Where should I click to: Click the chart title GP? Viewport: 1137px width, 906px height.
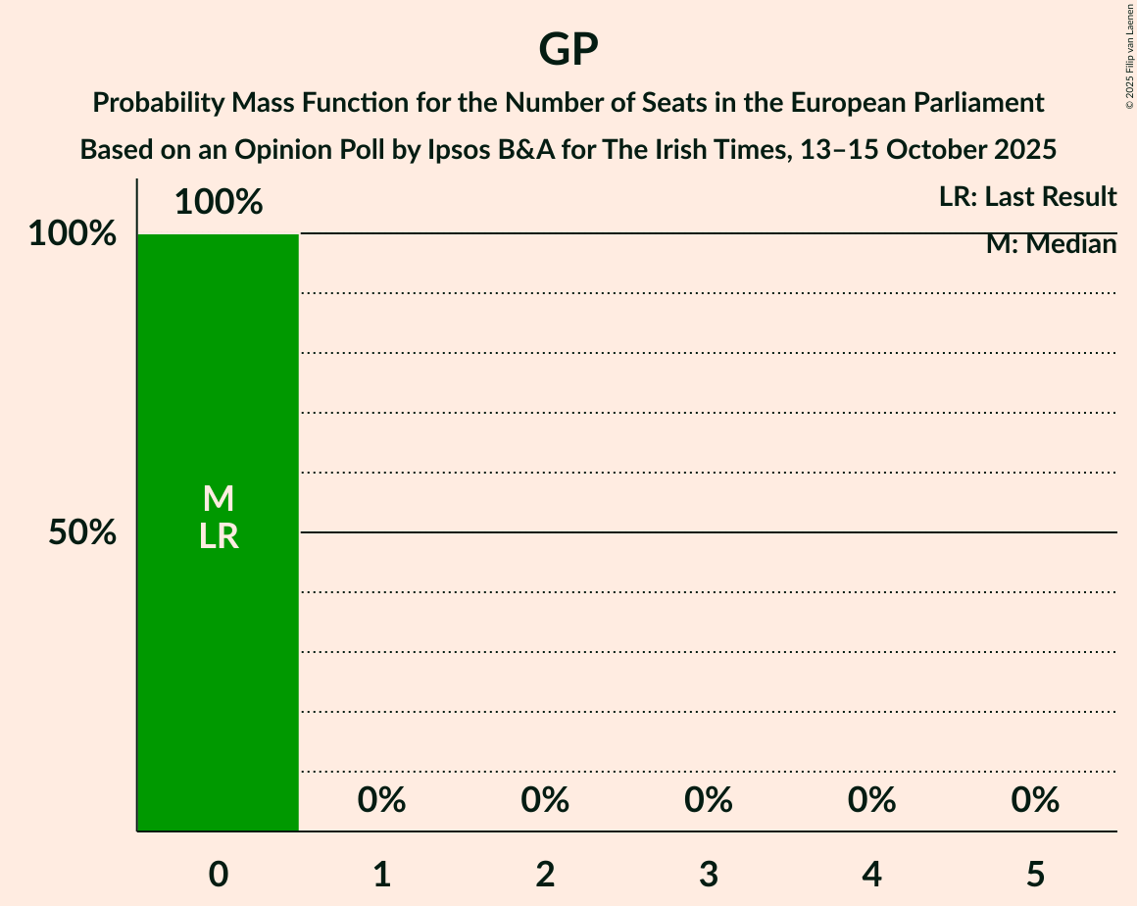(568, 49)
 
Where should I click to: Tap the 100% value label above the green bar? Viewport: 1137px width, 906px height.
(219, 203)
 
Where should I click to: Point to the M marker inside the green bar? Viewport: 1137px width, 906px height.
(219, 499)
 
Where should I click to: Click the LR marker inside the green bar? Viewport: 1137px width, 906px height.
(219, 535)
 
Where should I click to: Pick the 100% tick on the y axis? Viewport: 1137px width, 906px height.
(72, 234)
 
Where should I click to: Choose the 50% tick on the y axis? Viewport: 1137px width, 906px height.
(82, 532)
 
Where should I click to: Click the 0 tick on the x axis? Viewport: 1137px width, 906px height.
(219, 875)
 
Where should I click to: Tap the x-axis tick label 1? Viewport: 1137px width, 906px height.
(382, 875)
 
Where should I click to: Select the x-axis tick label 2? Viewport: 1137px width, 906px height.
(546, 875)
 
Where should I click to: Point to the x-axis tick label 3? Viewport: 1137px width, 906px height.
(709, 875)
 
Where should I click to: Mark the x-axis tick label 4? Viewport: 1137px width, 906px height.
(872, 875)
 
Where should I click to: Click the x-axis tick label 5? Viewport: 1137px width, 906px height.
(1036, 875)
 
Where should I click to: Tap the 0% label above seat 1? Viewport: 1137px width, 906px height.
(382, 800)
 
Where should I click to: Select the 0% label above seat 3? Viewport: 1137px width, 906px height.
(709, 800)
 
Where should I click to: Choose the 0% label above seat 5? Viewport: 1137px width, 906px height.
(1036, 800)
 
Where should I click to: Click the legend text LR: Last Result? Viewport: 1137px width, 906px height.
(1027, 197)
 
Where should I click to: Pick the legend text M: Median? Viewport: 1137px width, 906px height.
(1051, 244)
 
